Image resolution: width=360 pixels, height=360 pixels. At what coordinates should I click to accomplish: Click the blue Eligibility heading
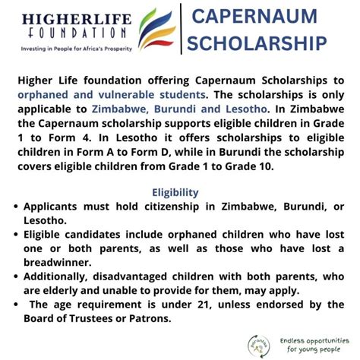(x=175, y=193)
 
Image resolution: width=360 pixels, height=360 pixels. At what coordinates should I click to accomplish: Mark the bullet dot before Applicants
(x=16, y=207)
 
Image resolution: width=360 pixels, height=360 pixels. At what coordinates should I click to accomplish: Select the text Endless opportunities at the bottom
(x=312, y=340)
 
